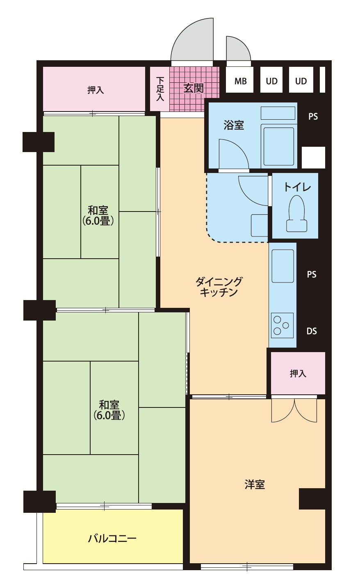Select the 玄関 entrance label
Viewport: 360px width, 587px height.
pyautogui.click(x=194, y=88)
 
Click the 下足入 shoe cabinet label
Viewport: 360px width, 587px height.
pyautogui.click(x=160, y=89)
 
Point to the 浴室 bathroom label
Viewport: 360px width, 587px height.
pyautogui.click(x=234, y=125)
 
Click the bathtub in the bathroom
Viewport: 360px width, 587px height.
pyautogui.click(x=278, y=146)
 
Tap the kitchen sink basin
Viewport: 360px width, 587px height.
pyautogui.click(x=283, y=266)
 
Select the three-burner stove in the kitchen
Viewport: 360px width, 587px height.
pyautogui.click(x=282, y=325)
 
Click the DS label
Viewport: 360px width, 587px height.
pyautogui.click(x=312, y=331)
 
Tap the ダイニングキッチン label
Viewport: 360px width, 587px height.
pyautogui.click(x=219, y=287)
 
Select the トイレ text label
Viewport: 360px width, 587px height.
pyautogui.click(x=297, y=187)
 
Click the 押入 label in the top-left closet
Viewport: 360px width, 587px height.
pyautogui.click(x=96, y=90)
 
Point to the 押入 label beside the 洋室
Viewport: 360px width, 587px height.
pyautogui.click(x=298, y=373)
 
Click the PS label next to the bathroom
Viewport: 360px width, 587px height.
pyautogui.click(x=313, y=116)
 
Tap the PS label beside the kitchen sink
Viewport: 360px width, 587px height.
pyautogui.click(x=312, y=274)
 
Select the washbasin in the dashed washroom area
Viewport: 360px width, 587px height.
pyautogui.click(x=259, y=225)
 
